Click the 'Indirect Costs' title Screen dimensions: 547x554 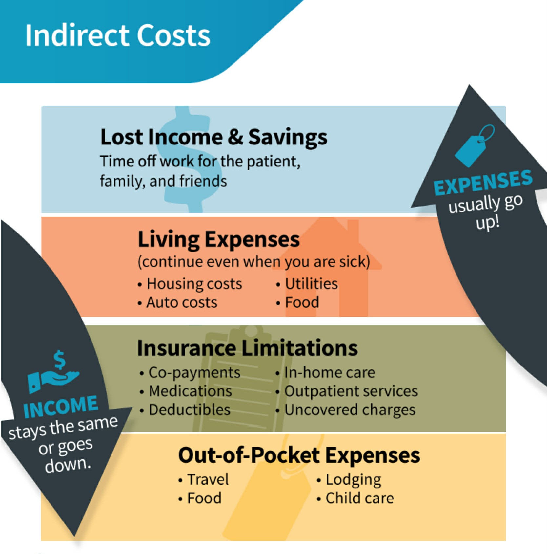(118, 35)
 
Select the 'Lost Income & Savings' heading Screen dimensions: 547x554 (214, 137)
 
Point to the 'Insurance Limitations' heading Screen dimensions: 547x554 (248, 348)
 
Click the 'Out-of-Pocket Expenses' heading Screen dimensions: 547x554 (299, 455)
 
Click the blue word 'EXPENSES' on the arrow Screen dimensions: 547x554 (483, 183)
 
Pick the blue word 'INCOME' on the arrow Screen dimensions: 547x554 (61, 407)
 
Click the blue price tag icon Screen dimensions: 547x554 (474, 145)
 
